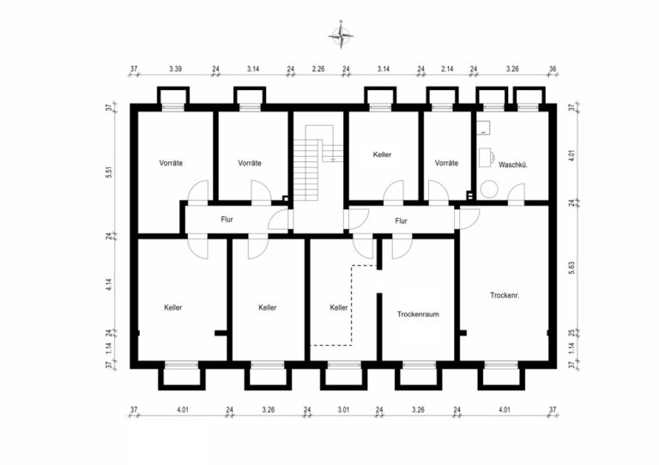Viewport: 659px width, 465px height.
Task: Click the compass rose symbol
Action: (341, 35)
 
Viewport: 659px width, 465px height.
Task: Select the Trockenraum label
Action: (418, 315)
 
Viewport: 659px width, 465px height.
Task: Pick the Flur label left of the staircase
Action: (227, 220)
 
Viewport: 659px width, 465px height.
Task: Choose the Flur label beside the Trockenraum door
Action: (401, 220)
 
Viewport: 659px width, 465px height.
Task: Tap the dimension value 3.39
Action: (176, 68)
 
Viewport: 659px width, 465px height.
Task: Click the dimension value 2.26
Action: (318, 68)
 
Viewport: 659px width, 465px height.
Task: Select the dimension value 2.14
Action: (446, 68)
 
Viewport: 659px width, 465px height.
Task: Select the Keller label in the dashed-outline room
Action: (339, 307)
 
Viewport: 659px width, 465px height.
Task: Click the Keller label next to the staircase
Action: (383, 155)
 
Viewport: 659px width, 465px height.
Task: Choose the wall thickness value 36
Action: (553, 68)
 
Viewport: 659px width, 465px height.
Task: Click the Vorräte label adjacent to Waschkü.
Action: (446, 163)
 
